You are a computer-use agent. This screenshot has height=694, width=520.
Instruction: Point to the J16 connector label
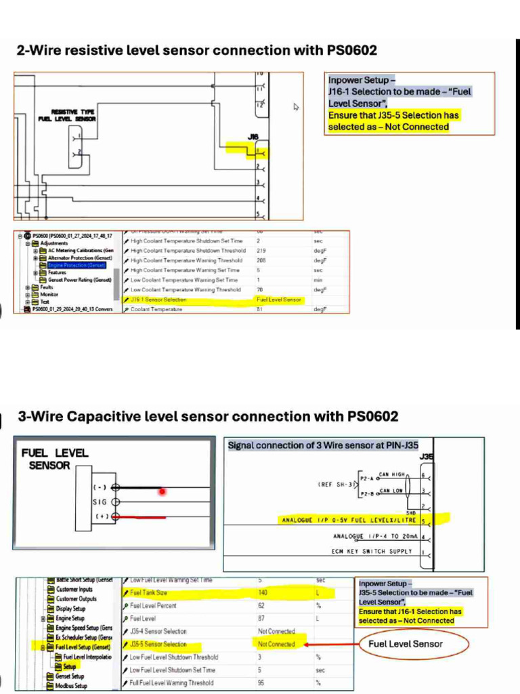click(x=253, y=137)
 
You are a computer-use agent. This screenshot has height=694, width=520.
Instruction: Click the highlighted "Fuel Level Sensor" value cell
click(x=278, y=299)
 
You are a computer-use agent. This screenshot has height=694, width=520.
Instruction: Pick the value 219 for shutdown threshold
click(x=261, y=251)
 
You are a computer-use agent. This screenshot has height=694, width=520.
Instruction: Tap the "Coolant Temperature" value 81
click(x=259, y=309)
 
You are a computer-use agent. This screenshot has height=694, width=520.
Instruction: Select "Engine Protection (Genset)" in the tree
click(x=76, y=265)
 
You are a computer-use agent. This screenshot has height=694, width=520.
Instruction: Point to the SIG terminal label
click(x=100, y=502)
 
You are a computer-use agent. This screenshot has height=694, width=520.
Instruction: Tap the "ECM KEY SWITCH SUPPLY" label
click(x=372, y=551)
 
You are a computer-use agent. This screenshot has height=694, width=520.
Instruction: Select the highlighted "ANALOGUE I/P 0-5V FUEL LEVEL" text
click(x=348, y=520)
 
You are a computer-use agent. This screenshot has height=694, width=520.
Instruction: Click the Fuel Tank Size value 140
click(x=263, y=592)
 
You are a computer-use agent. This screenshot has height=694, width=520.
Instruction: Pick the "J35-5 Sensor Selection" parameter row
click(x=158, y=644)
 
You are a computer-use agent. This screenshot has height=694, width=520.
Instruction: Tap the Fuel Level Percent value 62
click(x=261, y=605)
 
